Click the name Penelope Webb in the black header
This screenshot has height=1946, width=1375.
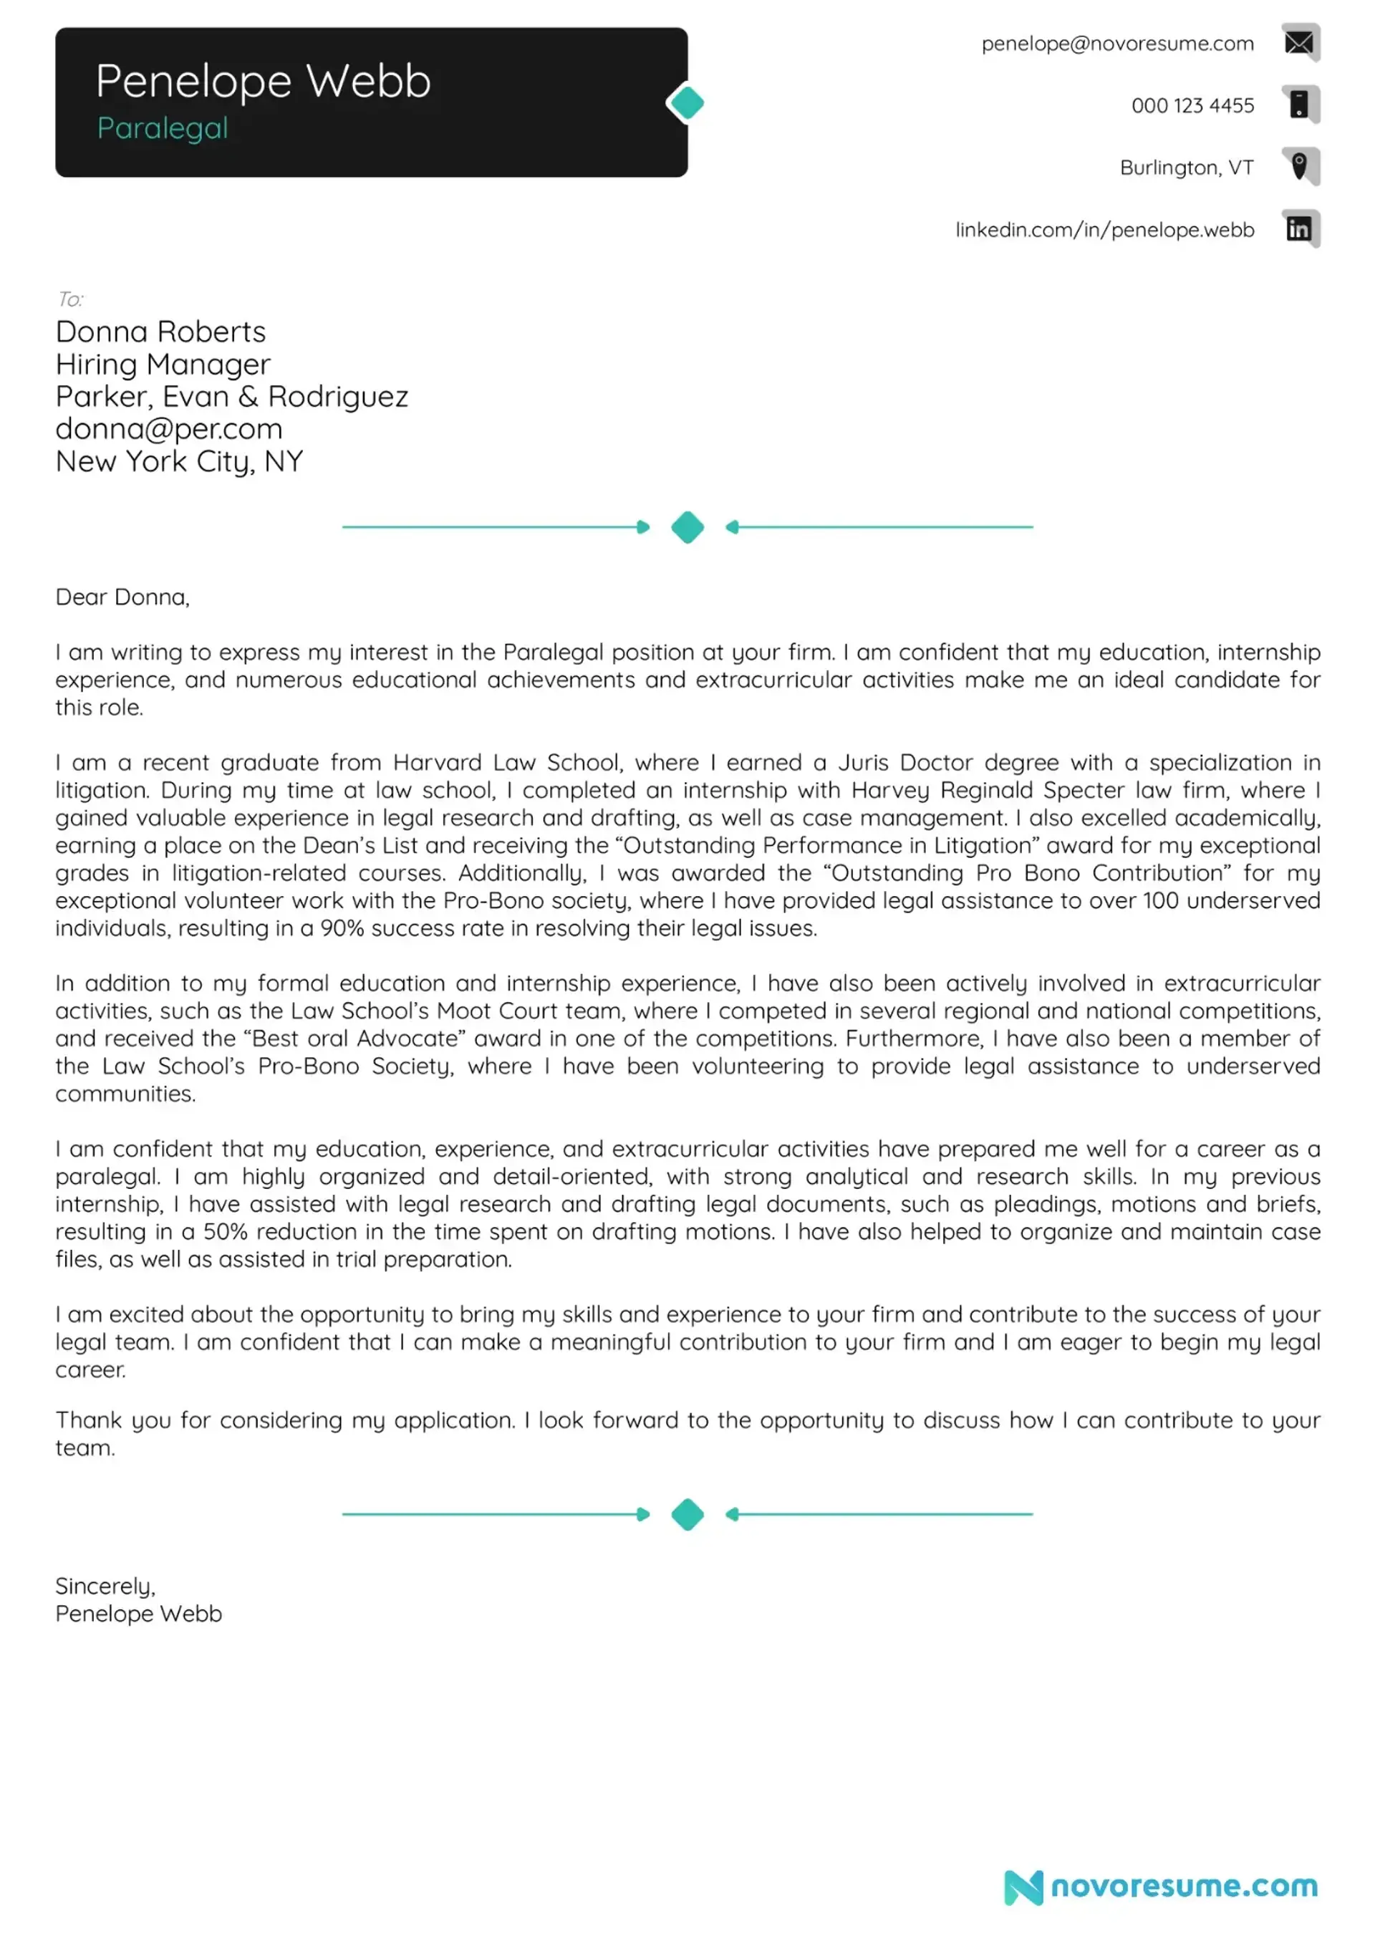(263, 82)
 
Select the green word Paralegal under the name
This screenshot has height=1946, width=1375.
(162, 128)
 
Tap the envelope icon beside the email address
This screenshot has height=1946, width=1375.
(1298, 42)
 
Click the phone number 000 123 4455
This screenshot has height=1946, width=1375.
(1192, 106)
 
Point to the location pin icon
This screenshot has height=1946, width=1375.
(1298, 166)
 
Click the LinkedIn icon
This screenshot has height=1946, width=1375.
(1298, 229)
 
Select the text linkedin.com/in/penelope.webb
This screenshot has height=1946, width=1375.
(1104, 230)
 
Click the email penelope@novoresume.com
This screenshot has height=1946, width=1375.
(1116, 44)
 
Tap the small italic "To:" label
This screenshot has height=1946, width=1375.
(70, 299)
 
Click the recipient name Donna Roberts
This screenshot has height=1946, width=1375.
(160, 332)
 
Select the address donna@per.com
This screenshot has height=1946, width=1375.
(169, 429)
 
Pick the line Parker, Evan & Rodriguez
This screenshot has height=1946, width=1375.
(231, 397)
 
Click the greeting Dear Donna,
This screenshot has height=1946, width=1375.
(122, 597)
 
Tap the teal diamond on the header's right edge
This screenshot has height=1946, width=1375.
(687, 103)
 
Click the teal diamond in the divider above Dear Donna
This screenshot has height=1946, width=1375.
(687, 527)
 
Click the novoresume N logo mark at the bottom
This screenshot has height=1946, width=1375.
(1023, 1887)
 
